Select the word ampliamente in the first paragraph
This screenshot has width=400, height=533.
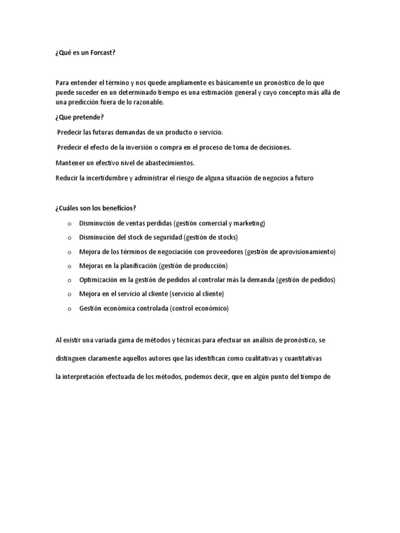click(190, 83)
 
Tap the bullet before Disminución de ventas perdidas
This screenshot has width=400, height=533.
click(69, 224)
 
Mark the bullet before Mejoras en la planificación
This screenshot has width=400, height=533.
click(69, 266)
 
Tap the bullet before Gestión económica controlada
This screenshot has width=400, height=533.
click(69, 309)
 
